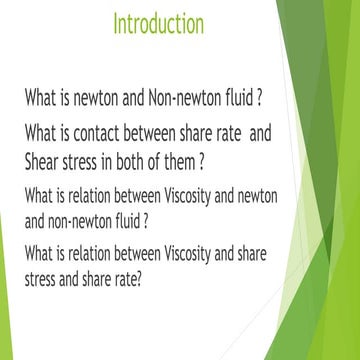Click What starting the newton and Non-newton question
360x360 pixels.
43,100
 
